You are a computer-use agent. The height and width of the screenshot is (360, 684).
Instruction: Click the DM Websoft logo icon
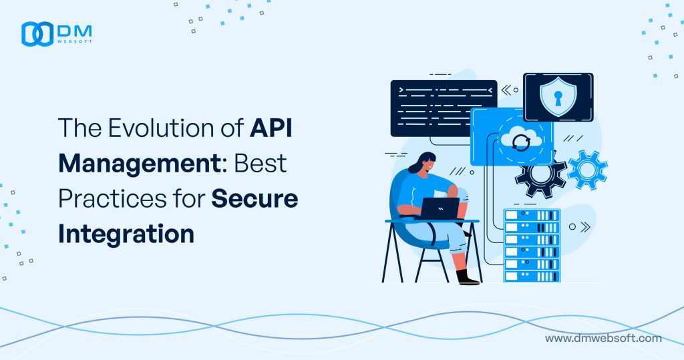click(x=37, y=35)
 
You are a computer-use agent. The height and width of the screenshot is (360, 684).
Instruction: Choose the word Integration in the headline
click(x=126, y=234)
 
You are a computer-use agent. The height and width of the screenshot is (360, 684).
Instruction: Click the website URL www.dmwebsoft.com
click(x=603, y=339)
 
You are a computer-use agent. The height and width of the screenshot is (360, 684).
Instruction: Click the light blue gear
click(x=587, y=169)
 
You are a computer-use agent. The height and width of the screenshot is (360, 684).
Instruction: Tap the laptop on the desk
click(x=438, y=208)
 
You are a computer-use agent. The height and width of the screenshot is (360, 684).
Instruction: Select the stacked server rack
click(x=532, y=244)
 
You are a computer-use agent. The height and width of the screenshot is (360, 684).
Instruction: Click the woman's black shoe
click(x=468, y=277)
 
